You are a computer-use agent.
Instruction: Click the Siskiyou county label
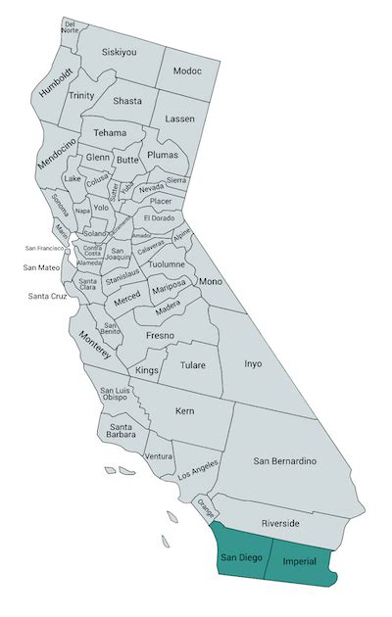[x=119, y=53]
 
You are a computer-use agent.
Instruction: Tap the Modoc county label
[x=186, y=71]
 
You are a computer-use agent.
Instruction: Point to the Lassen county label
[x=179, y=119]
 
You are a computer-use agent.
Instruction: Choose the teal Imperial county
[x=301, y=561]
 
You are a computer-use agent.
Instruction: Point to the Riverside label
[x=289, y=523]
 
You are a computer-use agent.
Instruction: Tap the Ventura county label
[x=158, y=456]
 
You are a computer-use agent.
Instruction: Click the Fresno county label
[x=160, y=336]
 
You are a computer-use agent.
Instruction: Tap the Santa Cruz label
[x=46, y=296]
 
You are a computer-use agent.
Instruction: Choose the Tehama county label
[x=111, y=132]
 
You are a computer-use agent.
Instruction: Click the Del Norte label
[x=70, y=26]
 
